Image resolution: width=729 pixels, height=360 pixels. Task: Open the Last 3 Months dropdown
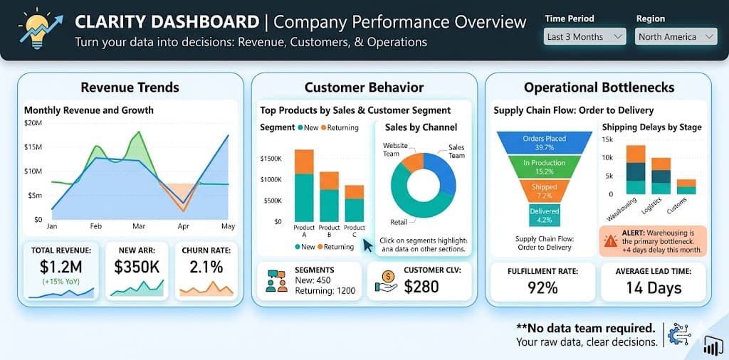[x=584, y=36]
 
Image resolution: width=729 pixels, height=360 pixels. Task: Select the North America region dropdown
[x=675, y=36]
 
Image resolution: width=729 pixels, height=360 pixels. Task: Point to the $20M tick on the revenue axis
[x=34, y=123]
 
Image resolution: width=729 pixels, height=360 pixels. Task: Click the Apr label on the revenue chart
[x=184, y=226]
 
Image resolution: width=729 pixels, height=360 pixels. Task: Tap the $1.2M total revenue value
[x=62, y=268]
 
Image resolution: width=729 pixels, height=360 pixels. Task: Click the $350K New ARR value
[x=137, y=268]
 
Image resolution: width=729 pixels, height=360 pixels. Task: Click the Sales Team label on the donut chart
[x=456, y=151]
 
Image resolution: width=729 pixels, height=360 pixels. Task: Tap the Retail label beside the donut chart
[x=399, y=222]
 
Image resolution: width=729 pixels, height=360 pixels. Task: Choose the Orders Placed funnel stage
[x=543, y=143]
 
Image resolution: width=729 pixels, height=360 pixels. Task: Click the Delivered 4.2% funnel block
[x=543, y=214]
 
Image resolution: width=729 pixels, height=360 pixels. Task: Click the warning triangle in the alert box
[x=611, y=240]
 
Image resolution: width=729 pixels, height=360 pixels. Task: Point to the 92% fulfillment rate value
[x=542, y=287]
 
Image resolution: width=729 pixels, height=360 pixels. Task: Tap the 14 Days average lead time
[x=654, y=287]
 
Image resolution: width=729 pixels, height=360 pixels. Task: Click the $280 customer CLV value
[x=421, y=286]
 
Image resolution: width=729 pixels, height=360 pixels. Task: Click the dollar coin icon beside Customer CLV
[x=388, y=280]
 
